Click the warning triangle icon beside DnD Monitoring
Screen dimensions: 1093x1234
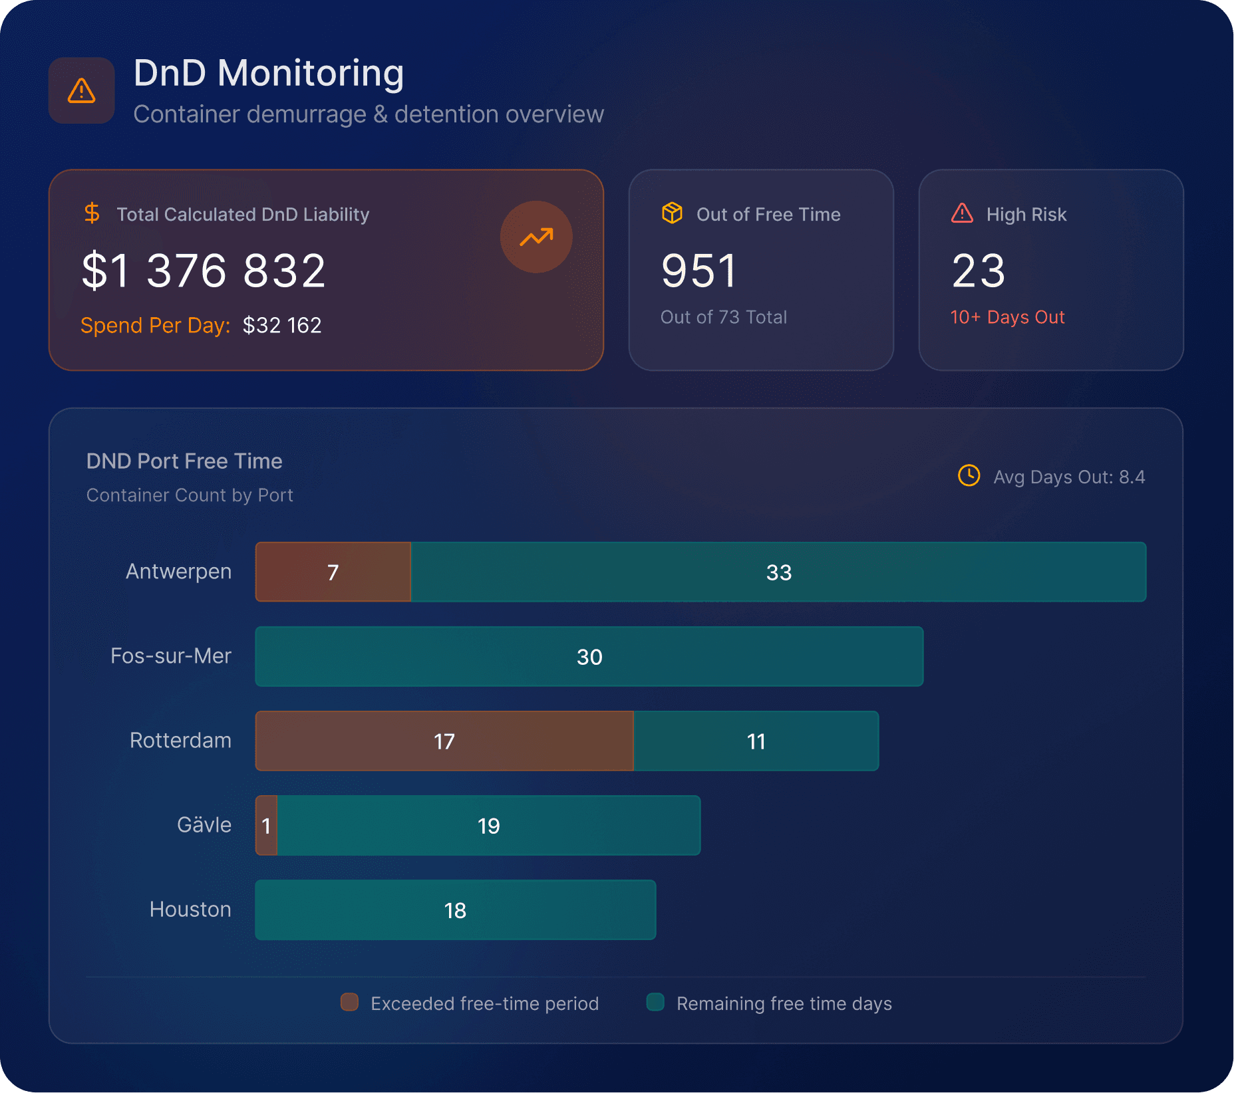tap(82, 90)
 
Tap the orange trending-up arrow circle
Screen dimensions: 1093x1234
tap(536, 237)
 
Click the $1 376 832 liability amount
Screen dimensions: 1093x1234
tap(204, 271)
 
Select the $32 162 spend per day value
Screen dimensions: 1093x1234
tap(282, 325)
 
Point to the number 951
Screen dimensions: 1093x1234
tap(698, 271)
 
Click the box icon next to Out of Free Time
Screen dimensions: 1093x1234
tap(672, 213)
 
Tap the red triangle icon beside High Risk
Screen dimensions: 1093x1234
tap(962, 213)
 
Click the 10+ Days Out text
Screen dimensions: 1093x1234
tap(1007, 317)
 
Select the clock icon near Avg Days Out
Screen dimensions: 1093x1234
tap(969, 476)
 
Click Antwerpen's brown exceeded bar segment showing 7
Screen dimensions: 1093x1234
tap(333, 572)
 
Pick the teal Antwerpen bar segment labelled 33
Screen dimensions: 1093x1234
tap(778, 572)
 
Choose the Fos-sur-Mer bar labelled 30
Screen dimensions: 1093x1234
tap(589, 656)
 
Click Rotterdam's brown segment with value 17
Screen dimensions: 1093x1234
tap(444, 741)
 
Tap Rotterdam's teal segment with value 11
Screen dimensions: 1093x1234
tap(756, 741)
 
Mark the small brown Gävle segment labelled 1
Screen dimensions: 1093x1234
tap(266, 825)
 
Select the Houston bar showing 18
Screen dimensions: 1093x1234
tap(455, 910)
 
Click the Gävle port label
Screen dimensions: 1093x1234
tap(204, 825)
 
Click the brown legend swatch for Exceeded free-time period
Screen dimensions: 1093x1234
tap(349, 1002)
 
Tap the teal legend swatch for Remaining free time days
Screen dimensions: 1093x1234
tap(655, 1002)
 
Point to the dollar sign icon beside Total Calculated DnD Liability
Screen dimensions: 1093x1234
tap(92, 213)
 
